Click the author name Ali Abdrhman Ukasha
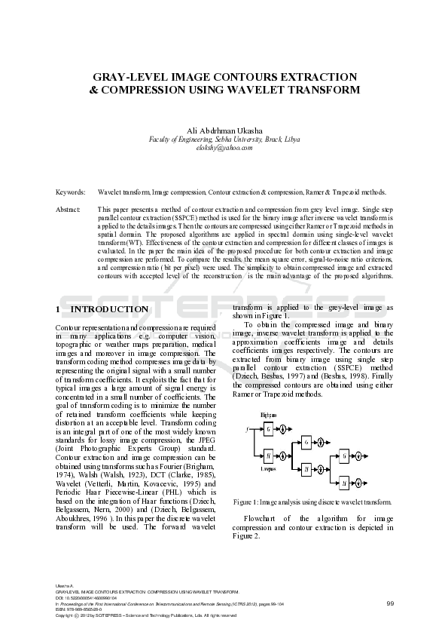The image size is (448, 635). [224, 131]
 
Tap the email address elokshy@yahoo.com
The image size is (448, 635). [224, 148]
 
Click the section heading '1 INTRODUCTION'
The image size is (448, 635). [102, 309]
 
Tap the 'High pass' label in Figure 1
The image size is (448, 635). [268, 415]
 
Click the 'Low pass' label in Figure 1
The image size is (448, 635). [268, 469]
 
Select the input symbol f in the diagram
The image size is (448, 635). [247, 429]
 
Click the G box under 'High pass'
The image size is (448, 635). [268, 429]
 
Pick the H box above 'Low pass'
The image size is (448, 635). [268, 455]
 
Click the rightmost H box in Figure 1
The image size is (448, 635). [343, 483]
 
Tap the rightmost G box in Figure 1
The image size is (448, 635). [343, 456]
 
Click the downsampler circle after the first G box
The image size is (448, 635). [283, 429]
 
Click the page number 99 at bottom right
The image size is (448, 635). [390, 603]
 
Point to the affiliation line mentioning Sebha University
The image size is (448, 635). [224, 140]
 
